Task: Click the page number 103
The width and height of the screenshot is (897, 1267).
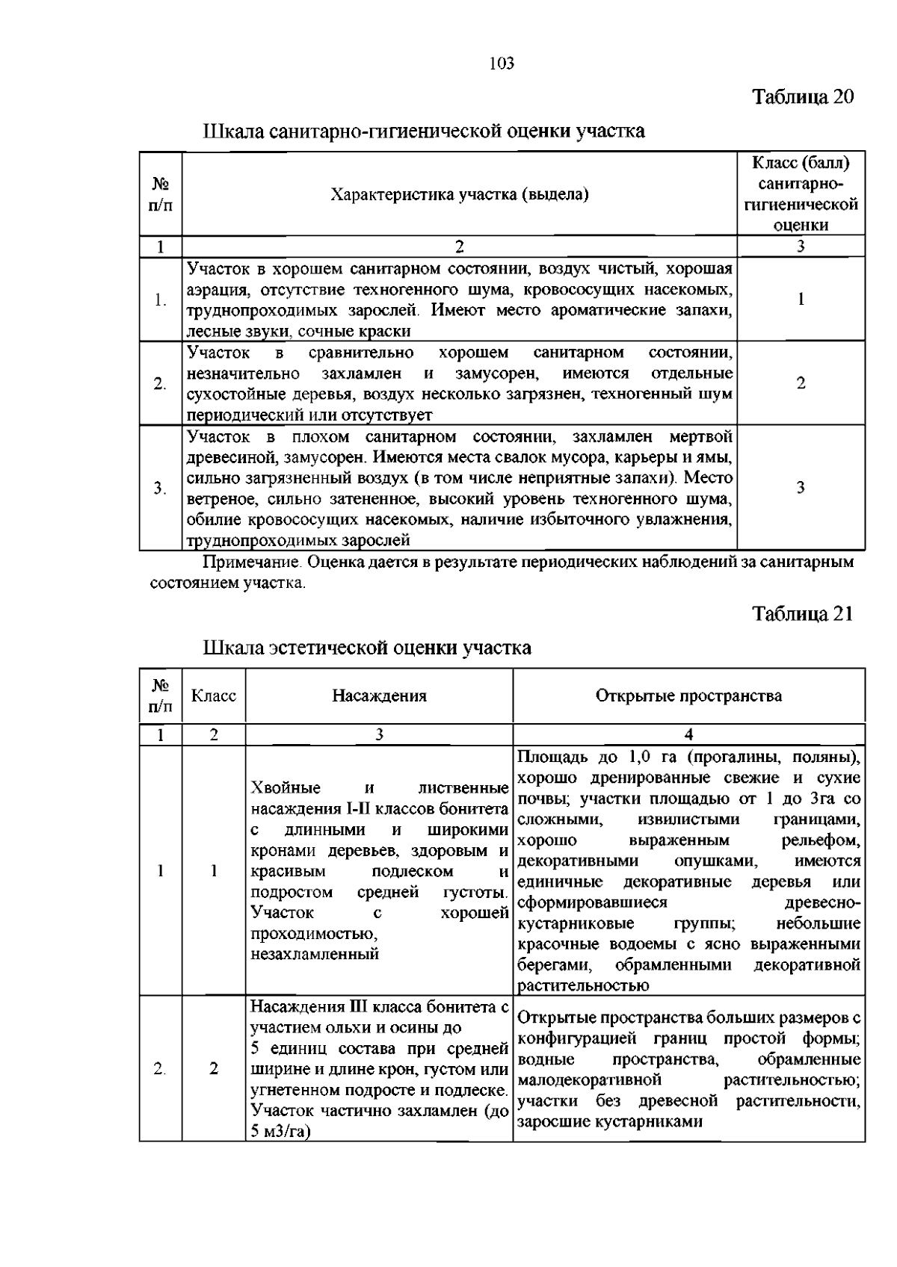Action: [502, 63]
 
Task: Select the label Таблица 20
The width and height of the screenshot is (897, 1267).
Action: [802, 97]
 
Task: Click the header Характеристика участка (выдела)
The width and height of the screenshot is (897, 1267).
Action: [459, 195]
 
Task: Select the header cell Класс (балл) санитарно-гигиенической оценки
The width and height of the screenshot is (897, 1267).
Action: [801, 193]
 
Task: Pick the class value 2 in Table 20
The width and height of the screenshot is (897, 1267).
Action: [801, 383]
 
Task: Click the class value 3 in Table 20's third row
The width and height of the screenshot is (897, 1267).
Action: [801, 488]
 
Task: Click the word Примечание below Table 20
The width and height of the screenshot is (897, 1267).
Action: [242, 562]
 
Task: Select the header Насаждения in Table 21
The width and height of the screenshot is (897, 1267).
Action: [379, 696]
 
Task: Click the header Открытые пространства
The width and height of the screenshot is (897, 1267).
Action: [688, 696]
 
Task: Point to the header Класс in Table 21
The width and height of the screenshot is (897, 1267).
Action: [214, 696]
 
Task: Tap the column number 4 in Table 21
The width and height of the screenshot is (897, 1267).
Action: [688, 734]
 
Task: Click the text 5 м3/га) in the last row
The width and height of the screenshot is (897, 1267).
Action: [280, 1131]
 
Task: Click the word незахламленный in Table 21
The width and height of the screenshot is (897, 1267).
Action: [315, 954]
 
